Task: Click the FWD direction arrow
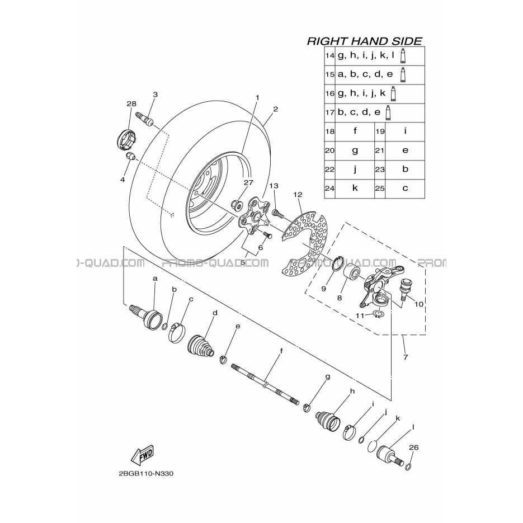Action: click(x=143, y=455)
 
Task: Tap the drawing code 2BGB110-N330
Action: click(x=146, y=474)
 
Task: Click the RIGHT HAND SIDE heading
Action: click(x=364, y=41)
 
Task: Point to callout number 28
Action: click(x=131, y=103)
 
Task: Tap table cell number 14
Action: click(x=329, y=56)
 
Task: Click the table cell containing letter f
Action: click(x=355, y=131)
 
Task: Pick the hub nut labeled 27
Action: click(x=237, y=205)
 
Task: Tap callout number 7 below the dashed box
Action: click(x=406, y=357)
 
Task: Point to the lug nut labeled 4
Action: click(x=130, y=156)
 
